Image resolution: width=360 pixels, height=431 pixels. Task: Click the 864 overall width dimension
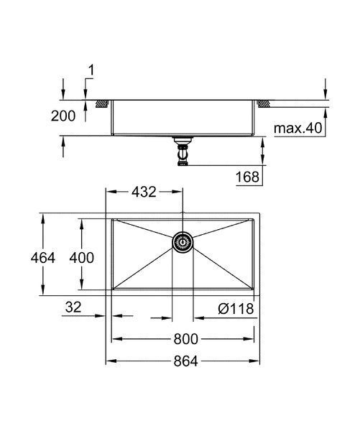pos(185,361)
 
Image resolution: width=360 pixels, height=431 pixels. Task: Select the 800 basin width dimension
pos(185,339)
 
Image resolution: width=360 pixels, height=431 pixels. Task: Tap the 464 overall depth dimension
pos(43,258)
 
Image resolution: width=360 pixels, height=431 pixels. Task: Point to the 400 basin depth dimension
pos(82,258)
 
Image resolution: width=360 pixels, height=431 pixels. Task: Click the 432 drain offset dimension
pos(144,192)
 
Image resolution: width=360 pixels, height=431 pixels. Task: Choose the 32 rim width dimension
pos(73,307)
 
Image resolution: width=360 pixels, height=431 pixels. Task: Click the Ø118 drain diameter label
pos(236,309)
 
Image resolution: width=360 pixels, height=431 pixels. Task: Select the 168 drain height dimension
pos(247,177)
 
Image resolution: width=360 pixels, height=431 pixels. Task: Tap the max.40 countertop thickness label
pos(298,128)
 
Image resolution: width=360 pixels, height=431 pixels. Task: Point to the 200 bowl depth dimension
pos(63,116)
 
